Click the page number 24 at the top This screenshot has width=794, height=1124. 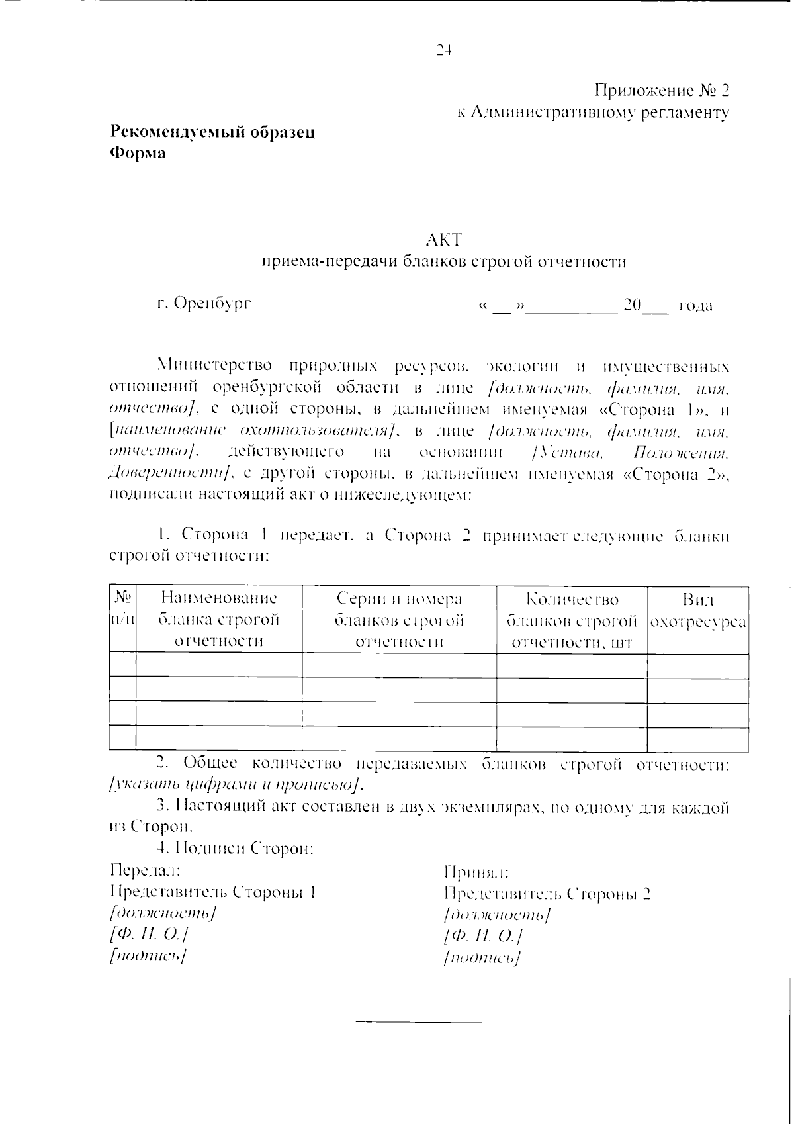[x=443, y=50]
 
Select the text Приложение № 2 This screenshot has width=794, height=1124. [x=662, y=90]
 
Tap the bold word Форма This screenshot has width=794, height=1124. [x=138, y=153]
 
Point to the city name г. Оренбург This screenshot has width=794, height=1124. [x=204, y=304]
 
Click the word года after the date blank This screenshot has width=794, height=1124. [x=695, y=306]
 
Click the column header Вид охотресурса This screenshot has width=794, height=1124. [x=698, y=611]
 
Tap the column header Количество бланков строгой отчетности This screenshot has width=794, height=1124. [x=572, y=621]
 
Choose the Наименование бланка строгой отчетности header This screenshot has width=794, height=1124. [x=219, y=620]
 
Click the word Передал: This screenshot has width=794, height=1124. [x=145, y=870]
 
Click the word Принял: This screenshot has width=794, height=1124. [x=476, y=872]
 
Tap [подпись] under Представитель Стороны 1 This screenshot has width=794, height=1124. [x=148, y=955]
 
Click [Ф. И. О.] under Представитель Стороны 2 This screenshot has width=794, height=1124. [x=484, y=936]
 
